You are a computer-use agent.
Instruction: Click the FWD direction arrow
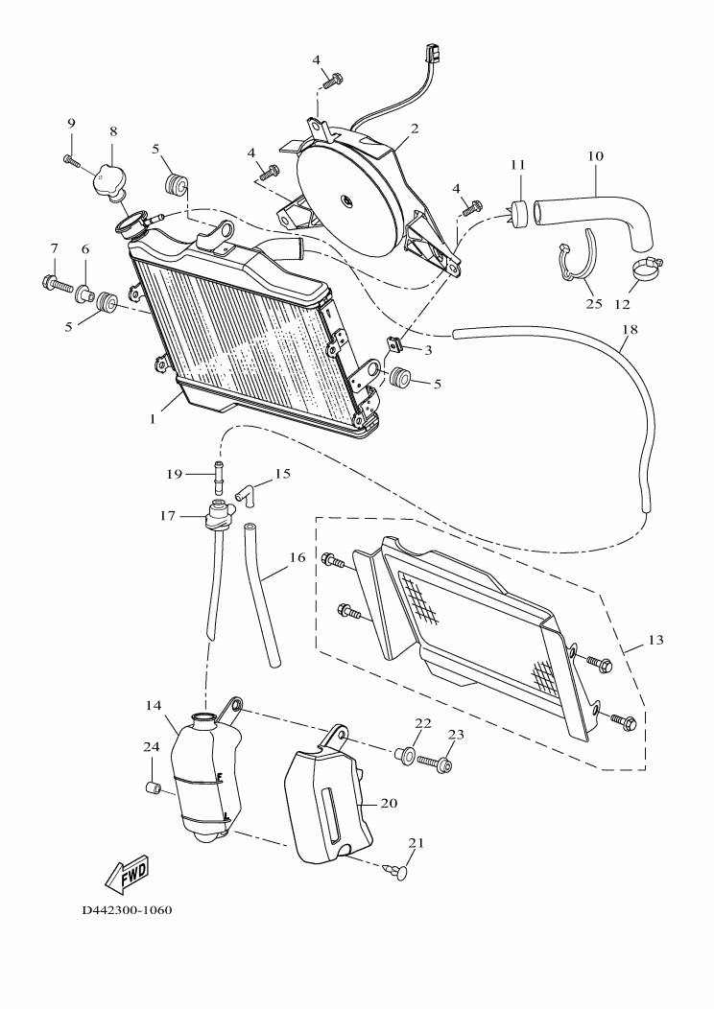point(125,873)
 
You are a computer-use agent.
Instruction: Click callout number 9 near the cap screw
point(70,123)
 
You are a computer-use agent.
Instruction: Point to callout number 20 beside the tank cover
point(389,803)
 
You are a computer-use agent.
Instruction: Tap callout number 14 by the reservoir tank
point(153,705)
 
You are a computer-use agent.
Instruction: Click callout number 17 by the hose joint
point(168,516)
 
